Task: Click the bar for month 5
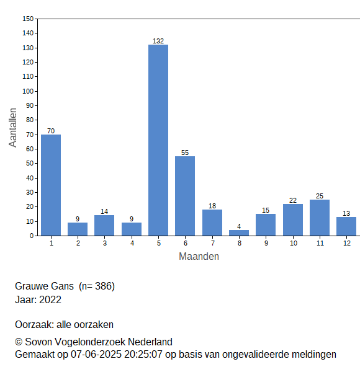(x=158, y=140)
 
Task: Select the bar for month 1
(x=51, y=185)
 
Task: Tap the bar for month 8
(x=239, y=232)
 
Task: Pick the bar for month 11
(x=320, y=218)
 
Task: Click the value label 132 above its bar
(x=158, y=41)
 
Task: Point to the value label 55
(x=185, y=153)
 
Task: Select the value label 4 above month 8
(x=239, y=226)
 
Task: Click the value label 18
(x=212, y=206)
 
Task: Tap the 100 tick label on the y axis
(x=28, y=91)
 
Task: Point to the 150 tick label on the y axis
(x=28, y=19)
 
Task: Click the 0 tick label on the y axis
(x=32, y=236)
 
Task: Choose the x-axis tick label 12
(x=347, y=243)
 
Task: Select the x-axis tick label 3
(x=105, y=243)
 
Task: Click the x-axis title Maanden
(x=199, y=257)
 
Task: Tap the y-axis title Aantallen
(x=12, y=128)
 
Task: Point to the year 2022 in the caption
(x=50, y=299)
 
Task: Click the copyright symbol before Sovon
(x=19, y=342)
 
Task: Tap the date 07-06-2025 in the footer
(x=96, y=355)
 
